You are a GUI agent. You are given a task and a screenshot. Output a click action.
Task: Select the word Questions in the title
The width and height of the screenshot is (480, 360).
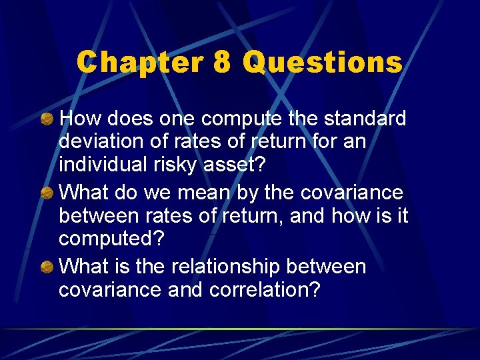pos(323,63)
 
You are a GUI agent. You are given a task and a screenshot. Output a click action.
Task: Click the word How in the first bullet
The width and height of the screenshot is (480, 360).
pos(77,119)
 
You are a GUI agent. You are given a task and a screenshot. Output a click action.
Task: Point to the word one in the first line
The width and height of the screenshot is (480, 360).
pos(179,119)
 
